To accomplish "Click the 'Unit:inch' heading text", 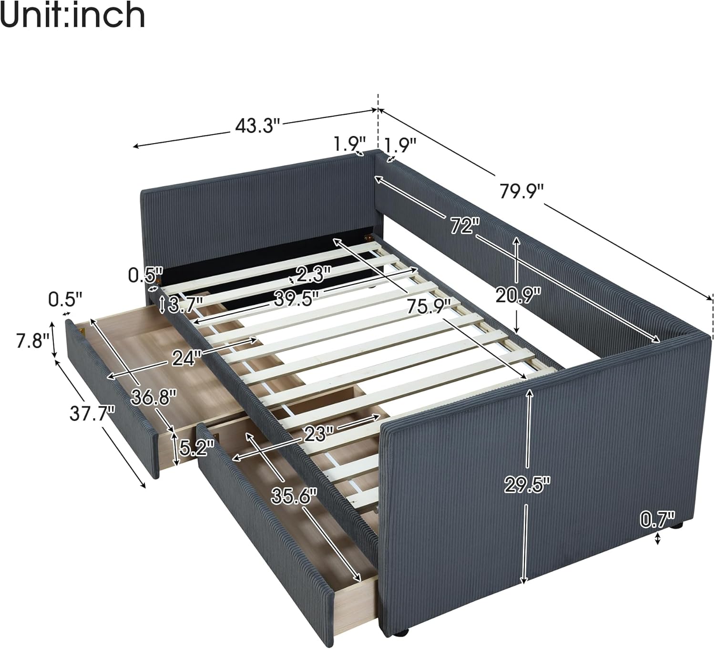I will (x=72, y=15).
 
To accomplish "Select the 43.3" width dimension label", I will (x=256, y=125).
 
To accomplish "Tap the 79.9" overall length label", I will (x=521, y=192).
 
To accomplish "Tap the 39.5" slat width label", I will (x=296, y=299).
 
